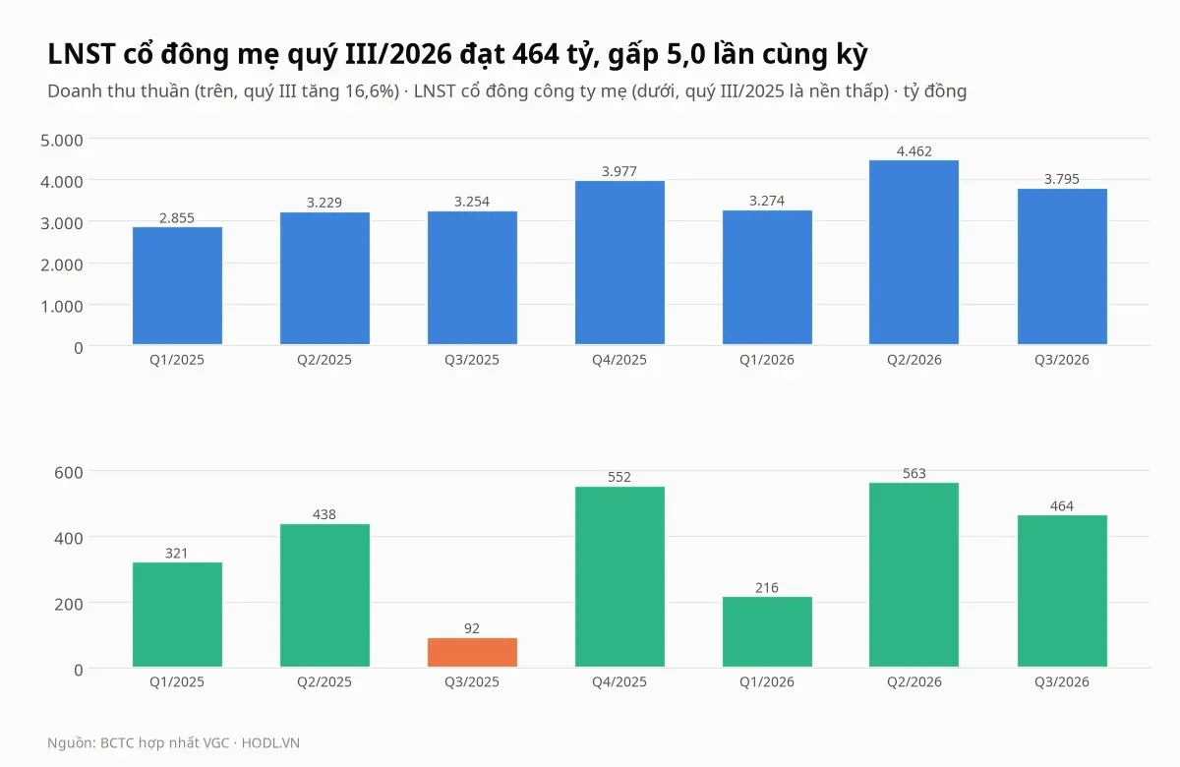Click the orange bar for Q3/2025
click(472, 652)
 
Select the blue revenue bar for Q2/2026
click(914, 253)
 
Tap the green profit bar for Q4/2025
click(619, 577)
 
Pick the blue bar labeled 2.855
click(178, 285)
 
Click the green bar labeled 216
click(767, 631)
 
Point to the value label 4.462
click(914, 151)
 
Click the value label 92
click(472, 628)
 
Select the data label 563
click(914, 474)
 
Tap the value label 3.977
click(619, 172)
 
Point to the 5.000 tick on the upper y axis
click(62, 140)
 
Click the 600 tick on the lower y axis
click(69, 472)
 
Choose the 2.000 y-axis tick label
click(62, 265)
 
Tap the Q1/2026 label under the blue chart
click(767, 360)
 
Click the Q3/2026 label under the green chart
click(1062, 681)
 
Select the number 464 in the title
click(536, 54)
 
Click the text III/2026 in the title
click(399, 54)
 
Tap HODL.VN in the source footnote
click(270, 742)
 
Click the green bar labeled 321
click(178, 615)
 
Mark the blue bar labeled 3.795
click(1062, 266)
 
